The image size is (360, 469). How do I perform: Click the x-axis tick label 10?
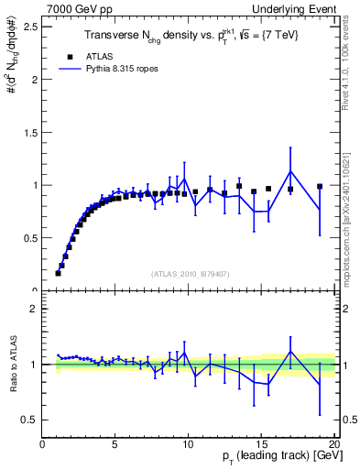coord(188,444)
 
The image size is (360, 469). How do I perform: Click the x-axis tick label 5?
coord(115,444)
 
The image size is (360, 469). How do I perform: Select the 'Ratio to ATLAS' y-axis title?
coord(13,365)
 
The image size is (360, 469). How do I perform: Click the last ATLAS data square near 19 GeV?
coord(320,187)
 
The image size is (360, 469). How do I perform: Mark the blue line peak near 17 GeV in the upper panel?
coord(290,171)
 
